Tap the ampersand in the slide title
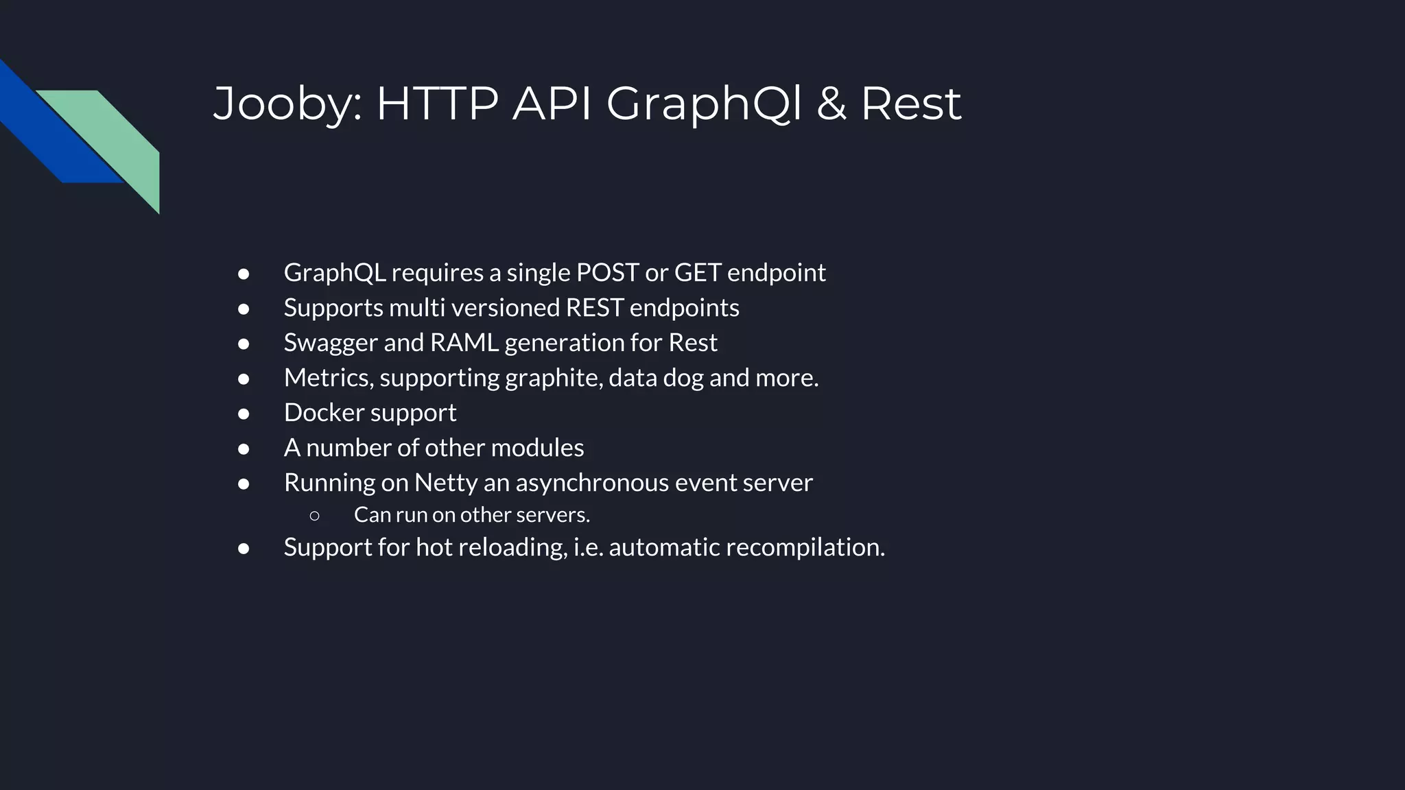[831, 104]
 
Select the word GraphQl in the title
[703, 104]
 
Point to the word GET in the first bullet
[697, 273]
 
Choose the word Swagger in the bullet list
[331, 343]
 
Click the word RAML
[464, 343]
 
